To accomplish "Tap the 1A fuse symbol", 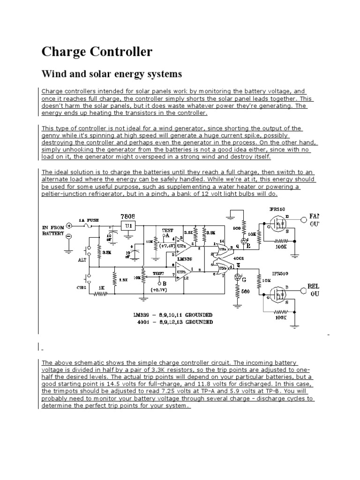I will pos(89,226).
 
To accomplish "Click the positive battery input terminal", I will pos(69,225).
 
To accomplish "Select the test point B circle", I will pos(158,284).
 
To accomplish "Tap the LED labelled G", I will pos(244,280).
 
